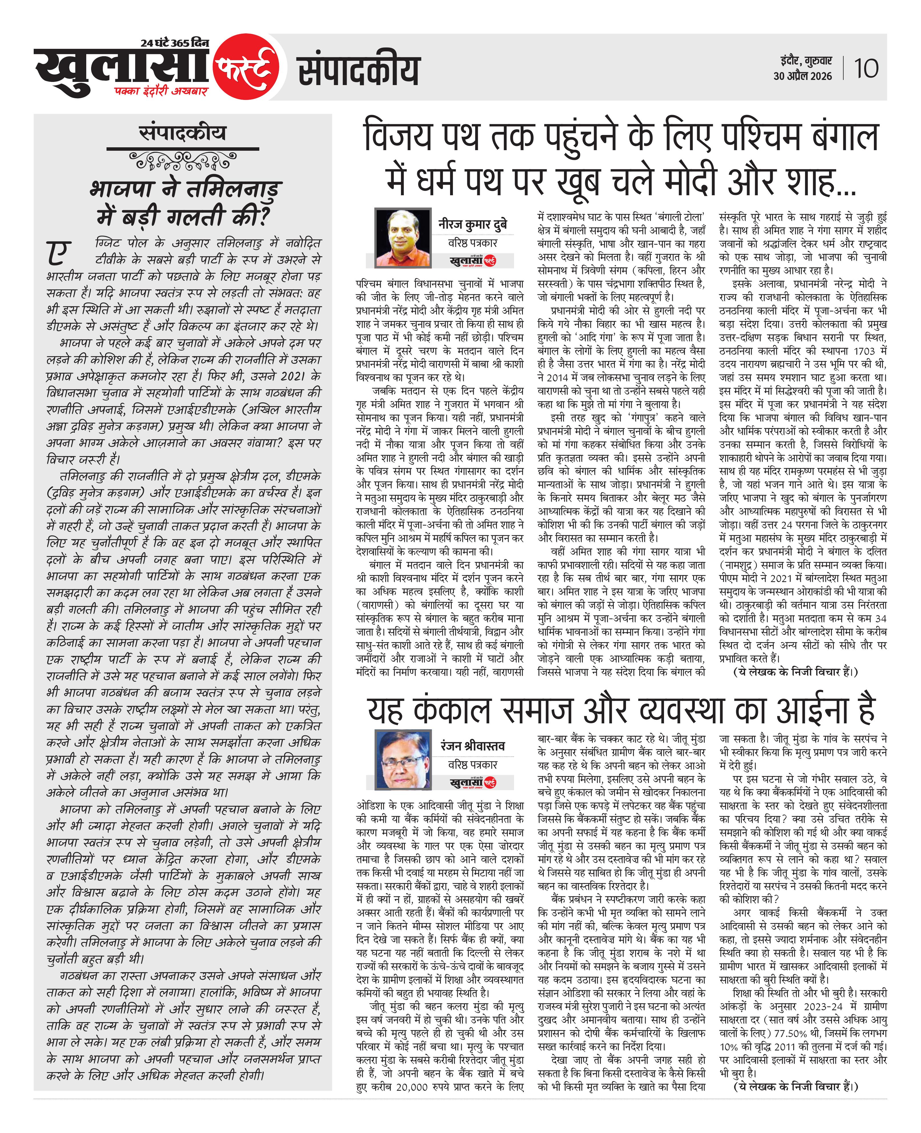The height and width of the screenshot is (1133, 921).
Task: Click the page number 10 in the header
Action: (x=866, y=69)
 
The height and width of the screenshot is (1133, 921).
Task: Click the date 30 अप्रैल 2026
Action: (x=802, y=76)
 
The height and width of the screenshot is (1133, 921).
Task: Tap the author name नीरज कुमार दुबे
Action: (x=473, y=224)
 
